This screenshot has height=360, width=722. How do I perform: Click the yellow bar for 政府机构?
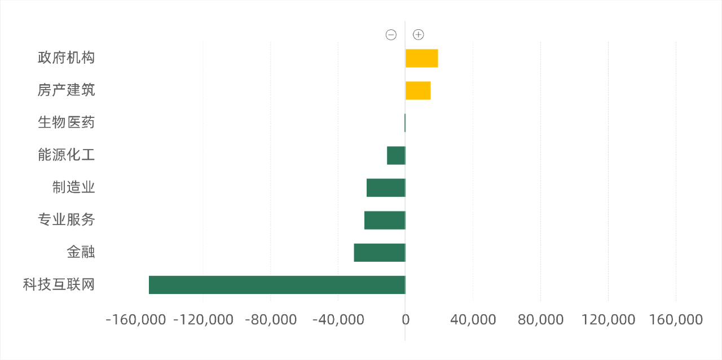(422, 58)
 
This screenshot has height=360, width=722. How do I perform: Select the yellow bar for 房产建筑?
(418, 90)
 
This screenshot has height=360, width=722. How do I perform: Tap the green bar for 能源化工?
(396, 155)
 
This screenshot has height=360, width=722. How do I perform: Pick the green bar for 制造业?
(386, 187)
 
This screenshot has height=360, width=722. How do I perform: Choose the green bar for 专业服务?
(385, 220)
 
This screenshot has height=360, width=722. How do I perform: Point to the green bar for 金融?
(380, 252)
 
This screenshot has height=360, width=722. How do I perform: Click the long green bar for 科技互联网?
(277, 285)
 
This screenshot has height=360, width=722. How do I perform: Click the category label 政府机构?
(66, 58)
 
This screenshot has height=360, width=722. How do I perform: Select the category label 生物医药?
(66, 122)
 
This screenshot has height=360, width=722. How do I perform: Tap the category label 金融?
(81, 252)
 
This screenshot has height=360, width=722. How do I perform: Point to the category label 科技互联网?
(59, 284)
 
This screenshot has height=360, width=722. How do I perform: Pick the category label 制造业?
(73, 187)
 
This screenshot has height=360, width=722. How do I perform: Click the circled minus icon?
(391, 35)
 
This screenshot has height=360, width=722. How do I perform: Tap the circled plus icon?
(418, 35)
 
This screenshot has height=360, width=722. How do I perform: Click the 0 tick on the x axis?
(406, 320)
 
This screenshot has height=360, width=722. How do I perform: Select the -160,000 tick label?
(136, 320)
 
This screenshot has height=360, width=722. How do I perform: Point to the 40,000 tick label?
(473, 320)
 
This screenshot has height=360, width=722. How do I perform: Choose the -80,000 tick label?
(271, 320)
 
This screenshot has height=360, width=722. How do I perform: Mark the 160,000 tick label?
(676, 320)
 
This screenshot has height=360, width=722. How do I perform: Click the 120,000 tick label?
(608, 320)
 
